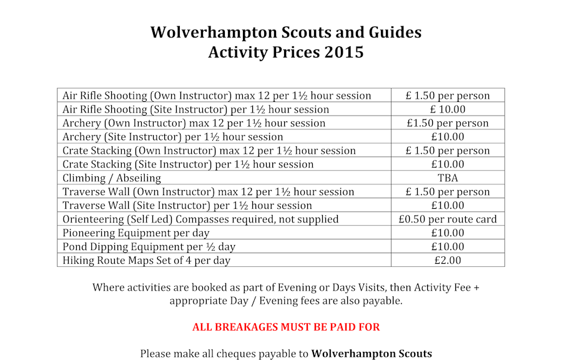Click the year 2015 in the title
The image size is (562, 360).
344,52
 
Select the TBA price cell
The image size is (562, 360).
448,178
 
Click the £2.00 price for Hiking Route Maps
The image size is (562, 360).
448,261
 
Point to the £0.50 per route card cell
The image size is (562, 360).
448,219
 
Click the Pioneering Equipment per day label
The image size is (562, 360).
136,233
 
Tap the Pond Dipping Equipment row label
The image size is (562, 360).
149,247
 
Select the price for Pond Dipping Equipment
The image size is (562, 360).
448,247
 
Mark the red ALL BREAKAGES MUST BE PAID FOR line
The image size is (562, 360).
286,327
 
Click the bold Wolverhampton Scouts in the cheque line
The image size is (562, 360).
372,354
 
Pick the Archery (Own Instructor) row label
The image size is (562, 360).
194,123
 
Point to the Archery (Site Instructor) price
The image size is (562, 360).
448,137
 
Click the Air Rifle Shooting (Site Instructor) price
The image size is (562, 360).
448,109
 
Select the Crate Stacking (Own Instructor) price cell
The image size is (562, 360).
448,151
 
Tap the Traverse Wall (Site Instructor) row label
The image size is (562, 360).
187,206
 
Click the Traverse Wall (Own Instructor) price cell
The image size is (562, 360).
448,192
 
